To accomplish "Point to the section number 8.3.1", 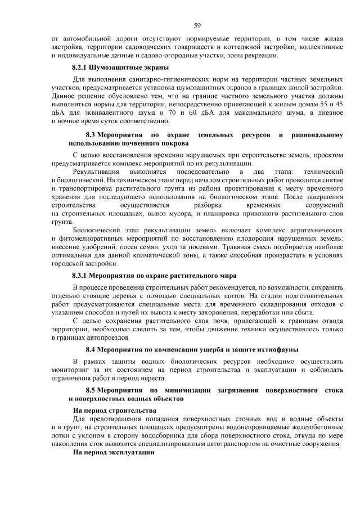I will coord(82,276).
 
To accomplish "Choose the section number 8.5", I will coord(92,390).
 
